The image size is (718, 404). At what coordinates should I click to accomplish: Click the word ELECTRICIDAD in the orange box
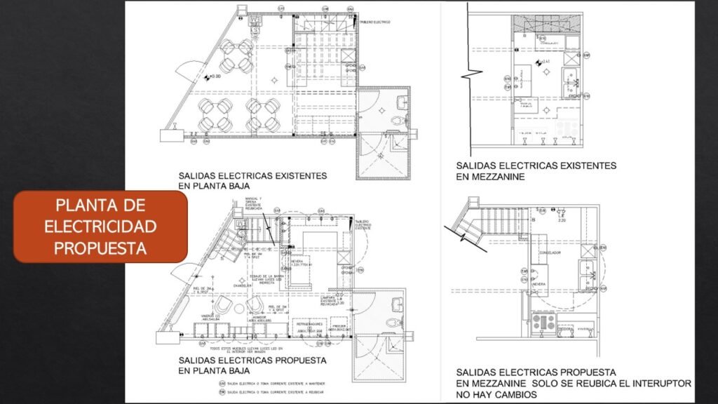point(100,227)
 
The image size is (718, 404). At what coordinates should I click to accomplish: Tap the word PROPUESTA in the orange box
point(100,248)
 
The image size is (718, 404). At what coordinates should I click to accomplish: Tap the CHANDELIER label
point(243,285)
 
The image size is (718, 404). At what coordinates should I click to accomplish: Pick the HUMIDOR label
point(257,318)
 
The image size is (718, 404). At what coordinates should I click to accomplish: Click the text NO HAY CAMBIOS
point(496,395)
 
